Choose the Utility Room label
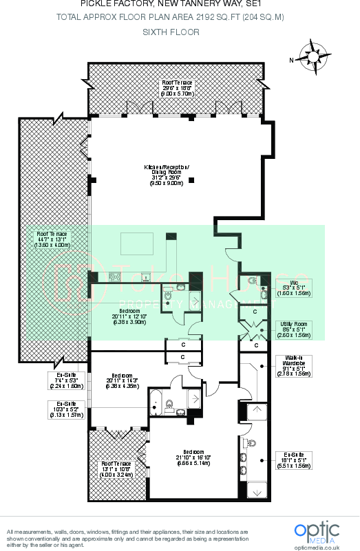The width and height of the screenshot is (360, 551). (293, 329)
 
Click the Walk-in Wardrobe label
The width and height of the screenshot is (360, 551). (293, 366)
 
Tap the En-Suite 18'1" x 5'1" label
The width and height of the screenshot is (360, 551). (293, 460)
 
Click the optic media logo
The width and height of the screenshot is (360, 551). (317, 532)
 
